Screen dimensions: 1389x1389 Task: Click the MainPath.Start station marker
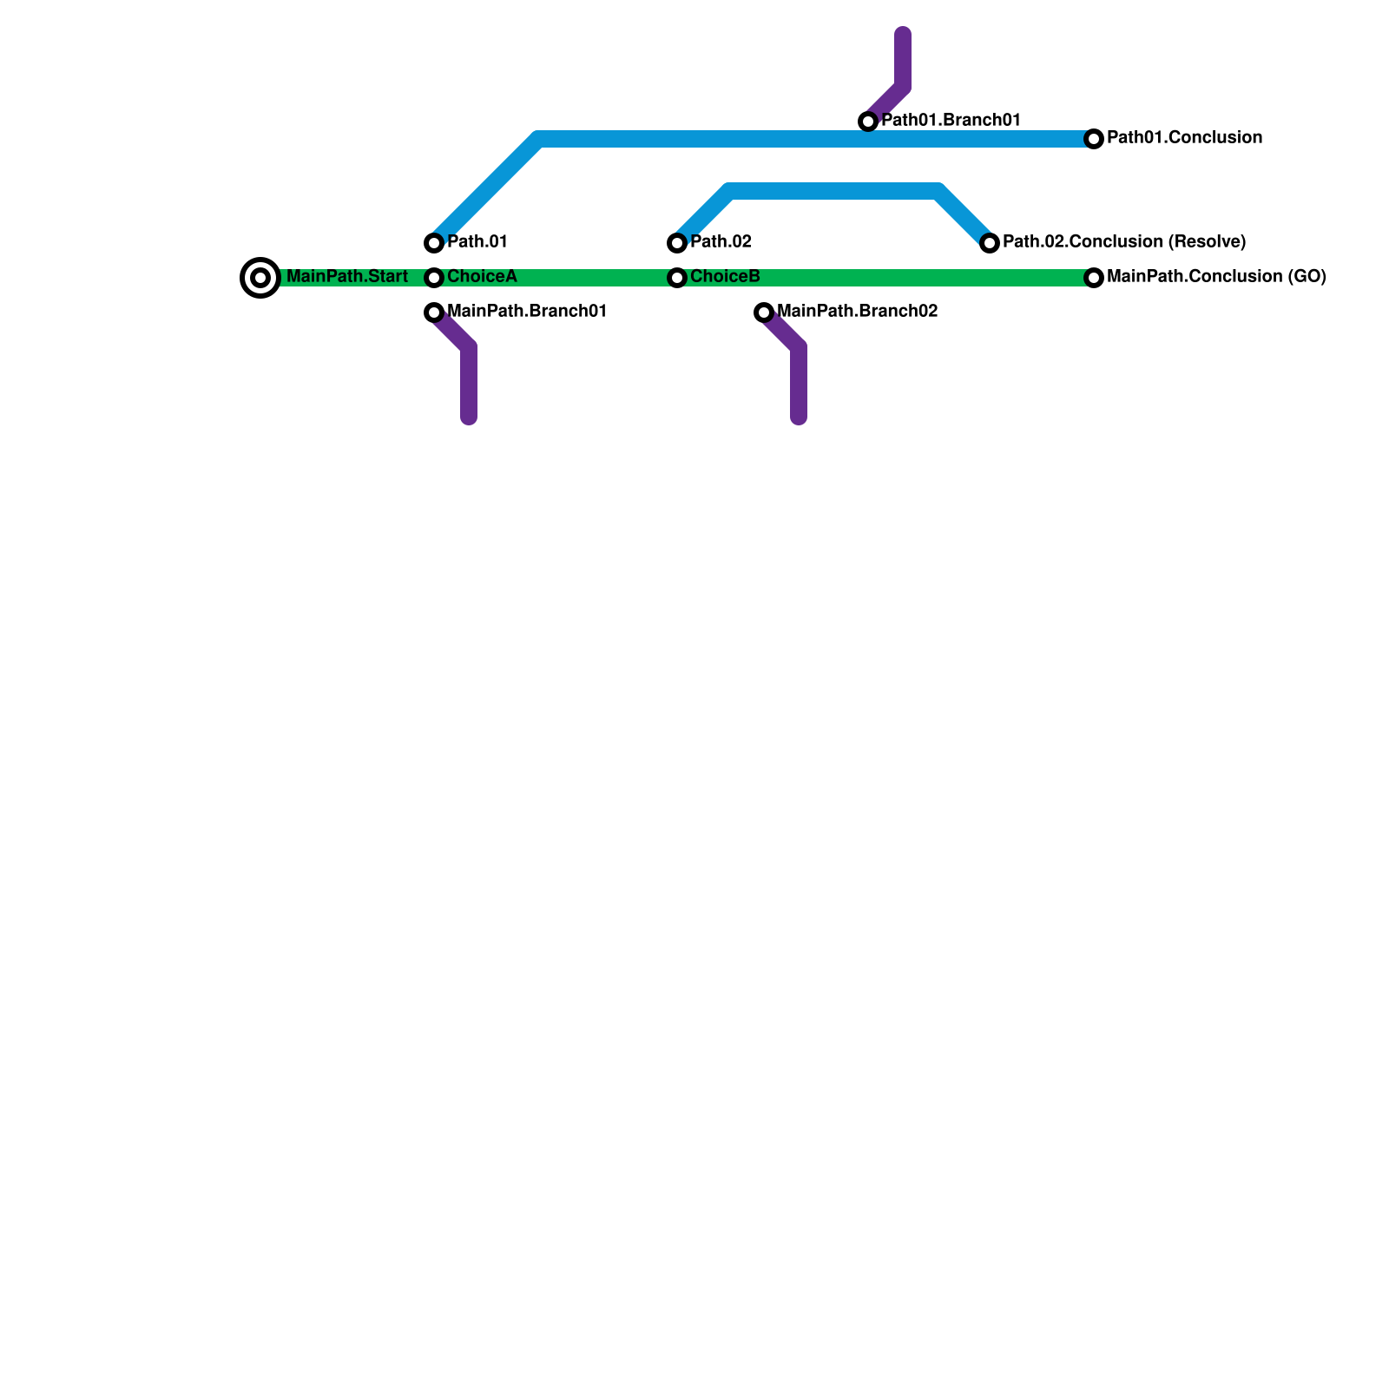click(x=260, y=278)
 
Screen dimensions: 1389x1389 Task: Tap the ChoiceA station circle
click(x=434, y=278)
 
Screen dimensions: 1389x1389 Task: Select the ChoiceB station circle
click(x=677, y=278)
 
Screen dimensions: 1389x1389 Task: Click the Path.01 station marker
click(x=434, y=243)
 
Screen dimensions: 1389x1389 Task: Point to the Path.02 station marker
click(x=677, y=243)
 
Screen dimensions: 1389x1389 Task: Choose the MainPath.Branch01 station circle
click(x=434, y=313)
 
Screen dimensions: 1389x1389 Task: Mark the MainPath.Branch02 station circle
click(x=764, y=313)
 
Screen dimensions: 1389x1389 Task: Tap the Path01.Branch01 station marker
click(x=868, y=122)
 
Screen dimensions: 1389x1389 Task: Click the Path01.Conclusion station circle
click(x=1094, y=139)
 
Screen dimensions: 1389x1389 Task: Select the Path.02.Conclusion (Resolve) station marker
click(x=990, y=243)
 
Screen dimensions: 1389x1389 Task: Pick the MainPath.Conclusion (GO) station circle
click(x=1094, y=278)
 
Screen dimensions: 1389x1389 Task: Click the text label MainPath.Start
click(x=347, y=277)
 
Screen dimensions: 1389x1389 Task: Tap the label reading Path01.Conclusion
click(x=1184, y=138)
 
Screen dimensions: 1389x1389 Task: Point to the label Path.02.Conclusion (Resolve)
click(x=1124, y=242)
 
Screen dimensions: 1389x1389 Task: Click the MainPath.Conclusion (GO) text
click(x=1216, y=277)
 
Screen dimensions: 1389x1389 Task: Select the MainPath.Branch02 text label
click(x=858, y=312)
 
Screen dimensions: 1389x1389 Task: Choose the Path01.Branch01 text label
click(x=951, y=121)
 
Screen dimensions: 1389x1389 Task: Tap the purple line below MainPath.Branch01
click(x=469, y=382)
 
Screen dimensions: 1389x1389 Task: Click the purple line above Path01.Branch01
click(x=903, y=61)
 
